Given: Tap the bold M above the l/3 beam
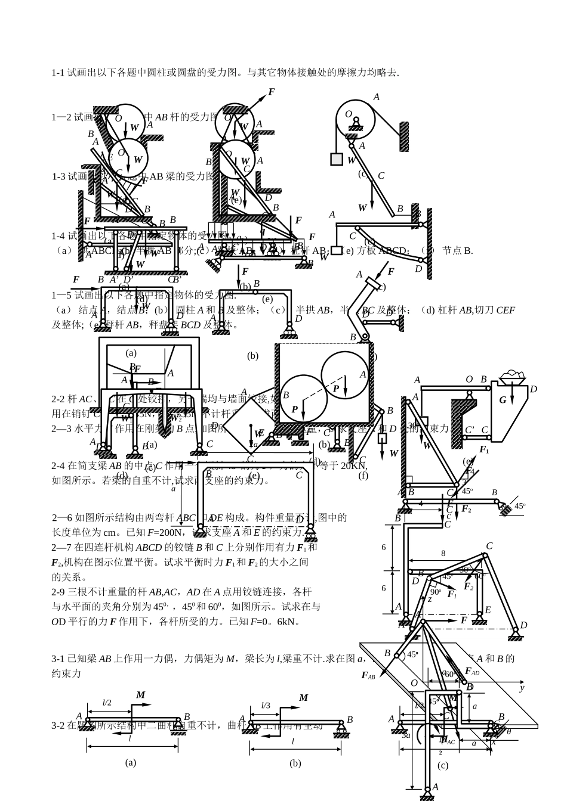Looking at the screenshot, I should tap(303, 698).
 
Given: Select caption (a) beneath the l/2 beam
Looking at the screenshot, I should tap(131, 762).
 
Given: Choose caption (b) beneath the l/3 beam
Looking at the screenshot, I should tap(295, 763).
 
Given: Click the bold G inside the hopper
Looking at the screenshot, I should tap(503, 400).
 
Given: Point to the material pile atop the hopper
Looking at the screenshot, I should tap(511, 376).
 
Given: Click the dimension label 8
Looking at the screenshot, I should tap(443, 553).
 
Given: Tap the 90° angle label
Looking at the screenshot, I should tap(436, 591).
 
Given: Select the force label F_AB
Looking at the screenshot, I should tap(368, 675).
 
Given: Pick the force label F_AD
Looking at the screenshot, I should tap(472, 672).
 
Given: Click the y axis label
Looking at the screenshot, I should tap(521, 688).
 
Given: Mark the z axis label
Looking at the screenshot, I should tap(429, 599).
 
